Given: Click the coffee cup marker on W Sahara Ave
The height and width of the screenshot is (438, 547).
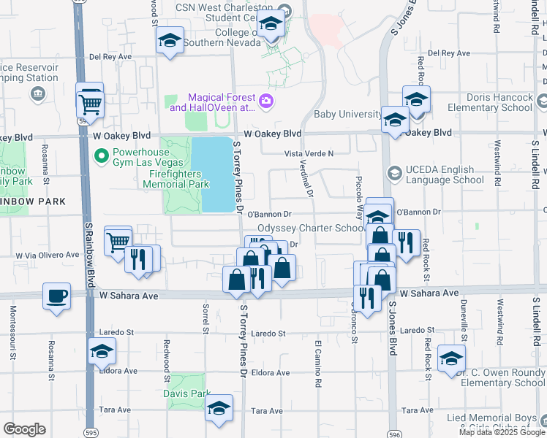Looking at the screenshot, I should pos(56,297).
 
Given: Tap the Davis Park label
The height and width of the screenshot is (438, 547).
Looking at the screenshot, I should pos(186,393).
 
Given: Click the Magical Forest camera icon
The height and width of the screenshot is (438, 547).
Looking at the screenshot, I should pos(267,101).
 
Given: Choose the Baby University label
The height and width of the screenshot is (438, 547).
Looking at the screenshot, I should pos(347,115).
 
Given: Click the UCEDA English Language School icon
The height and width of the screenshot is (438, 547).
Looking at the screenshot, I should pos(395,172).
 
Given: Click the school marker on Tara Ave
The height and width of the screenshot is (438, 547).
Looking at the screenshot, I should pos(218,409).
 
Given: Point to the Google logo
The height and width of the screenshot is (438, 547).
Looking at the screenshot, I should pos(24,429).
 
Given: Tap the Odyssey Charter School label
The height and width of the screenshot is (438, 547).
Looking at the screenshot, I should pos(311,228).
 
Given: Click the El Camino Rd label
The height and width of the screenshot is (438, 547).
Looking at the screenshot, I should pos(318,363).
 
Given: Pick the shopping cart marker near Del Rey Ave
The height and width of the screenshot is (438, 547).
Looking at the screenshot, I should pos(90,103).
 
